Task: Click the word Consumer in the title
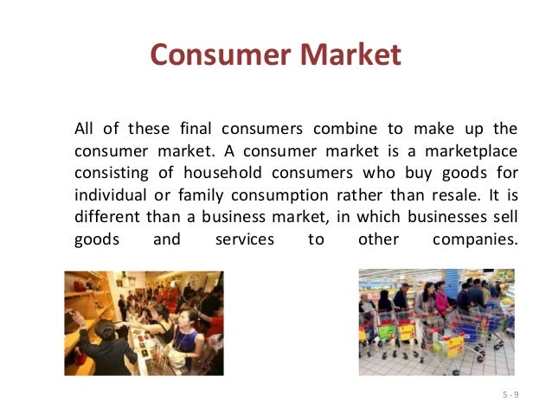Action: click(220, 55)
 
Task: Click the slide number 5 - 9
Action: click(510, 394)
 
